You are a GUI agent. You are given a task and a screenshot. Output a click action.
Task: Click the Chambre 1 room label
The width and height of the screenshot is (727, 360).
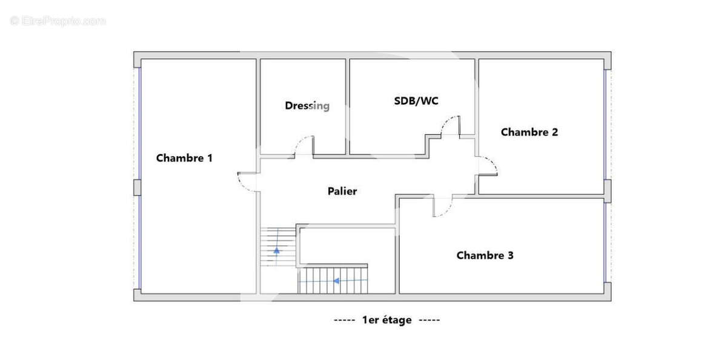tap(184, 158)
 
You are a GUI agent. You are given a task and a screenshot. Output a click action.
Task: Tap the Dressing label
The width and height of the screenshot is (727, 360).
tap(307, 106)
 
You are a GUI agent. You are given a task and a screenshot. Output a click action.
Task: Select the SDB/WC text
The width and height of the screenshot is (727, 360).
tap(416, 101)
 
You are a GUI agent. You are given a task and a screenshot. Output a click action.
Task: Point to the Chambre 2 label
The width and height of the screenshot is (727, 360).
tap(529, 132)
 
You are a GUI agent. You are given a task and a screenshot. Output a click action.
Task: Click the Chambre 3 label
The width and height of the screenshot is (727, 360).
tap(485, 256)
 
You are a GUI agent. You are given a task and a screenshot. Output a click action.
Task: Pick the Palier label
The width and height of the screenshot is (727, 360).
tap(342, 191)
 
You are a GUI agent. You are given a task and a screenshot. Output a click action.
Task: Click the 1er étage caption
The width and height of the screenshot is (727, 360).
tap(387, 320)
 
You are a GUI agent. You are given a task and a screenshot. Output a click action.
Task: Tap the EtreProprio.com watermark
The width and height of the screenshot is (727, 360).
tap(58, 21)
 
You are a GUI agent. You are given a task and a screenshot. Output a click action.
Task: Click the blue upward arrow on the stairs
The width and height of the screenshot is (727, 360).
tap(276, 250)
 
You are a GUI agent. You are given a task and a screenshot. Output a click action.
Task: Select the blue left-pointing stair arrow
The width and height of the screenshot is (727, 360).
tap(337, 281)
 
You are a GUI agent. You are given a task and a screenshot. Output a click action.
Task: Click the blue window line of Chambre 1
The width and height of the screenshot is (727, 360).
tap(140, 178)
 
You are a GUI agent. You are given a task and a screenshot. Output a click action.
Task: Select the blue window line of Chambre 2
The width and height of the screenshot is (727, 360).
tap(605, 125)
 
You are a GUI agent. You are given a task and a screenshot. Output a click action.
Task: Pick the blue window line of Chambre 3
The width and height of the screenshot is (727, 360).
tap(605, 242)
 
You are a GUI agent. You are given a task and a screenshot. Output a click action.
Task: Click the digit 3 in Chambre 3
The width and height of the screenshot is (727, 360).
tap(511, 256)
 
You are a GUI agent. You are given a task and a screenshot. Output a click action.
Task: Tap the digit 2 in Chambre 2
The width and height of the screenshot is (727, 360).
tap(555, 132)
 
